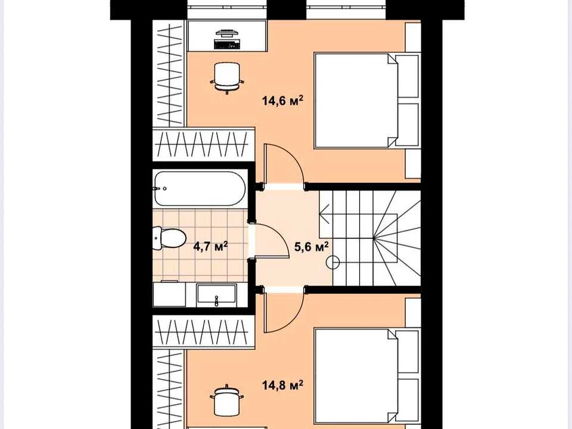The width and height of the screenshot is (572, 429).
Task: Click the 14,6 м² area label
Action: pyautogui.click(x=282, y=100)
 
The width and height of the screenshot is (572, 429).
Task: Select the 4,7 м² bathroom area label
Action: pyautogui.click(x=210, y=246)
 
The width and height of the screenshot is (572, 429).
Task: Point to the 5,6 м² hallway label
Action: pyautogui.click(x=311, y=247)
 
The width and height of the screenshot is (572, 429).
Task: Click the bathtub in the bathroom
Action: pyautogui.click(x=200, y=189)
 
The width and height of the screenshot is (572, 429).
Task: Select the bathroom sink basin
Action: pyautogui.click(x=216, y=294)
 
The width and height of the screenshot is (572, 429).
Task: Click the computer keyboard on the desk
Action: pyautogui.click(x=226, y=45)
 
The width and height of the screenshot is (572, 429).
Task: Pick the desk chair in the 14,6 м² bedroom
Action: pyautogui.click(x=227, y=77)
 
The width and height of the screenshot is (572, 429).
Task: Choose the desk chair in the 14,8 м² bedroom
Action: pyautogui.click(x=227, y=400)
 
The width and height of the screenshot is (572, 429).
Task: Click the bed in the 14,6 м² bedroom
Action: pyautogui.click(x=366, y=101)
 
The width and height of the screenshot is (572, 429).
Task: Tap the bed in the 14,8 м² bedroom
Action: pyautogui.click(x=366, y=377)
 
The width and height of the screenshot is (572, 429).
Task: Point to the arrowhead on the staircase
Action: pyautogui.click(x=325, y=214)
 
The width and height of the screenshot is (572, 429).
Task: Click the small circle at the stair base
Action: pyautogui.click(x=333, y=262)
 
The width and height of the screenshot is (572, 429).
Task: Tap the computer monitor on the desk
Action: pyautogui.click(x=226, y=34)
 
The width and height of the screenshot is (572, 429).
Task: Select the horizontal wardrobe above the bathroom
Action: pyautogui.click(x=204, y=144)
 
